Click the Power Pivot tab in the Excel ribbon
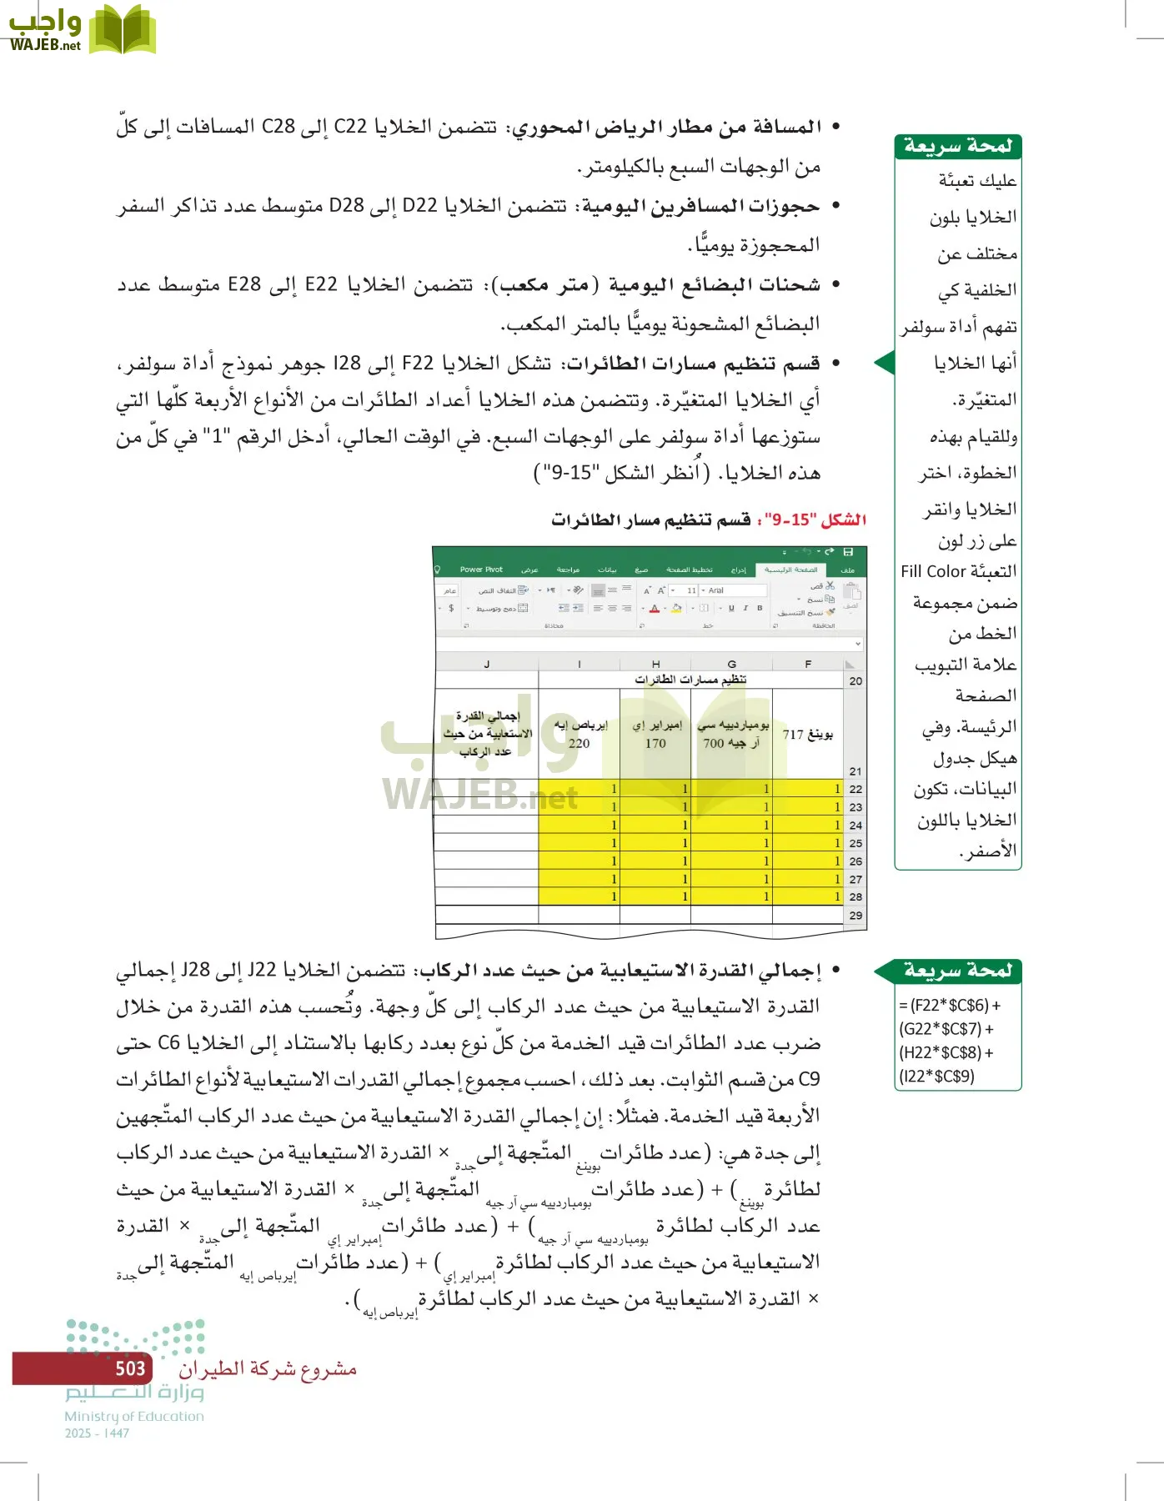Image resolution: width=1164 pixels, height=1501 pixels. click(x=481, y=570)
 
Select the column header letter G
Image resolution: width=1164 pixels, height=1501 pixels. click(x=731, y=664)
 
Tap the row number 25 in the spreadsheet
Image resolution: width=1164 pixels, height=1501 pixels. click(x=855, y=843)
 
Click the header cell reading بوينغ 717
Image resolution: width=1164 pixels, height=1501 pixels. click(x=807, y=734)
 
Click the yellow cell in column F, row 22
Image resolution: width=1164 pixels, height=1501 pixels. click(x=807, y=788)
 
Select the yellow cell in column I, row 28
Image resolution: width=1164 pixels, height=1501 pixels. click(x=579, y=896)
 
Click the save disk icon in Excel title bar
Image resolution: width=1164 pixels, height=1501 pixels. click(x=848, y=552)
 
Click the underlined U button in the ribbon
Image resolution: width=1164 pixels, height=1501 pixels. click(x=731, y=609)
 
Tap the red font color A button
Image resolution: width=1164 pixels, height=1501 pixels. click(x=655, y=609)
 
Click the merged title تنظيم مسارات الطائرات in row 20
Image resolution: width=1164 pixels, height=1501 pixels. click(x=690, y=680)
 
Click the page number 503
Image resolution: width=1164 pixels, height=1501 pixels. click(x=130, y=1368)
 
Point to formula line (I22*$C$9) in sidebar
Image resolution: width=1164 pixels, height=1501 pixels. click(x=937, y=1076)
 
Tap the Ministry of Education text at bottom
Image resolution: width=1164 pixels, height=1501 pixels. click(x=134, y=1416)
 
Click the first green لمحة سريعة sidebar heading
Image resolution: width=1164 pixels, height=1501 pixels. click(x=957, y=147)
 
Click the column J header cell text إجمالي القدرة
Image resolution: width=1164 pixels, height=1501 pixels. click(x=488, y=715)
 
